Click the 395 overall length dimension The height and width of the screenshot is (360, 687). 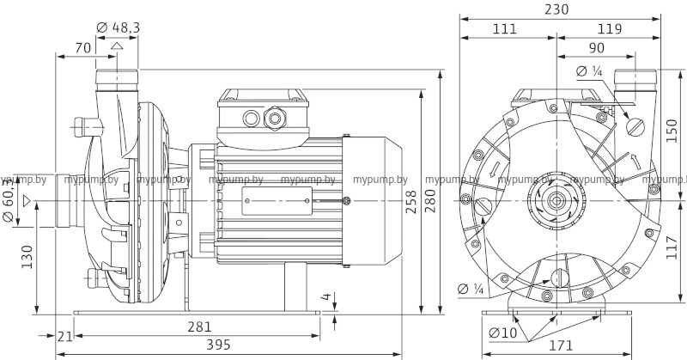(x=198, y=345)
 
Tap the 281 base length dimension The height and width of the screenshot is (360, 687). (x=198, y=327)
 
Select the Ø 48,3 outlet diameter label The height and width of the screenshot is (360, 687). (x=119, y=29)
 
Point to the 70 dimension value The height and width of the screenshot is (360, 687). (x=83, y=48)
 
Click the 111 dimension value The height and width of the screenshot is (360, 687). (x=505, y=28)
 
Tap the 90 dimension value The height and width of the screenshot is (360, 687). (x=595, y=48)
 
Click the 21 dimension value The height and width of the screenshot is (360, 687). (x=64, y=336)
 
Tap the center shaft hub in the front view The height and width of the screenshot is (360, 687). (x=556, y=200)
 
